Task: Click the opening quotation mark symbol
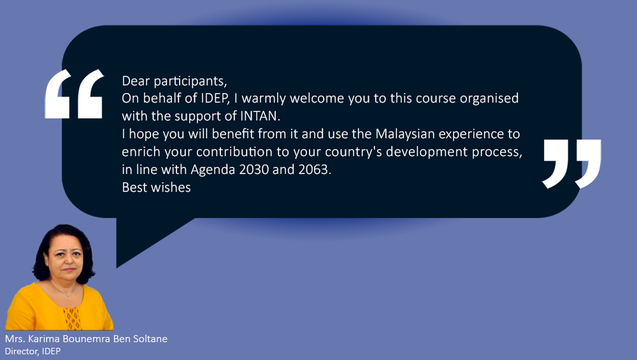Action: point(74,94)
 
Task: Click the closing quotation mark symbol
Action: point(571,164)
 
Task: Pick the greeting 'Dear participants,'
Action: point(175,81)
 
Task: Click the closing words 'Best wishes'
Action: point(157,187)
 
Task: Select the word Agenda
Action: point(213,170)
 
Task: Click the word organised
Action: point(489,99)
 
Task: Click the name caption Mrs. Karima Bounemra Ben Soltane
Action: point(86,339)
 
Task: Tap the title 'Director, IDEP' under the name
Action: point(32,351)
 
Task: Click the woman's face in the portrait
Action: point(66,256)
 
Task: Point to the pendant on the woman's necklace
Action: point(69,298)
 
